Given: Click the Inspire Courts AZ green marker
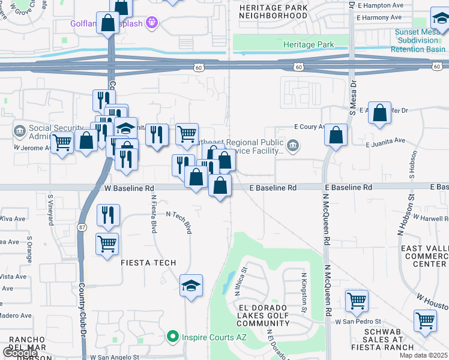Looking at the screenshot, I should pos(173,336).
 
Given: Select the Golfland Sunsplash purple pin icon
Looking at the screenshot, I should pos(152,23).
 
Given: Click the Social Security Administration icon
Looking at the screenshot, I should pos(19,130).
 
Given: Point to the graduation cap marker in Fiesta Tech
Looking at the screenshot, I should pos(191,286).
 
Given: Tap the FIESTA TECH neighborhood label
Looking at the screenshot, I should pos(149,263).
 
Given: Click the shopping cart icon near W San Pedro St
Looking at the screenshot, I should pos(357,300).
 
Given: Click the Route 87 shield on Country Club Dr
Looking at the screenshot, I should pos(82,227).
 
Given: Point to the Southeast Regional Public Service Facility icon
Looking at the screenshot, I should pos(293,145).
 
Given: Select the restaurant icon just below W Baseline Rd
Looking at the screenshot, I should pos(108,216).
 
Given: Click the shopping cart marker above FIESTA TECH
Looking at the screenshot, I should pos(107,244).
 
